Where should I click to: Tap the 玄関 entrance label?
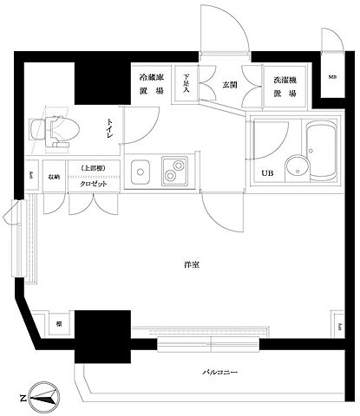[x=229, y=84]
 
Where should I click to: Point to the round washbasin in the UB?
[x=298, y=169]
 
